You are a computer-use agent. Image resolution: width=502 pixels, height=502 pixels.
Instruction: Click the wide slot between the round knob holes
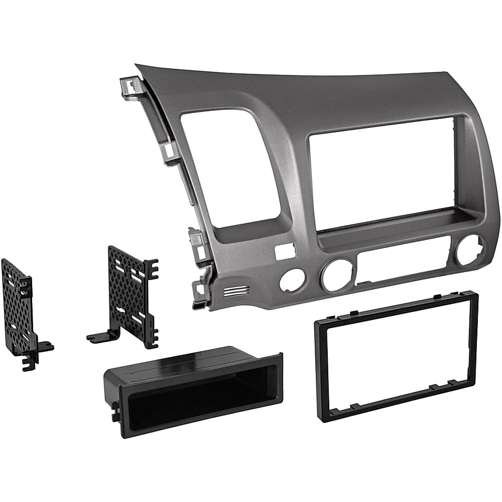(402, 261)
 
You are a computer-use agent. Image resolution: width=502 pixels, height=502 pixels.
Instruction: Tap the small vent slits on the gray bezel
(236, 291)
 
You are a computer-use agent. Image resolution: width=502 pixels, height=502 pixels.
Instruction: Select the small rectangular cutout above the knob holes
(284, 252)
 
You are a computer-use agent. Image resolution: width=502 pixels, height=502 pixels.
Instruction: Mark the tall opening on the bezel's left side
(228, 166)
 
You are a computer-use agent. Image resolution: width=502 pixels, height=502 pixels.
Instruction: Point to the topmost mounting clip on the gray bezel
(130, 86)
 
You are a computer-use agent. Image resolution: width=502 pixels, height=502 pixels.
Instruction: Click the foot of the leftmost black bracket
(43, 348)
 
